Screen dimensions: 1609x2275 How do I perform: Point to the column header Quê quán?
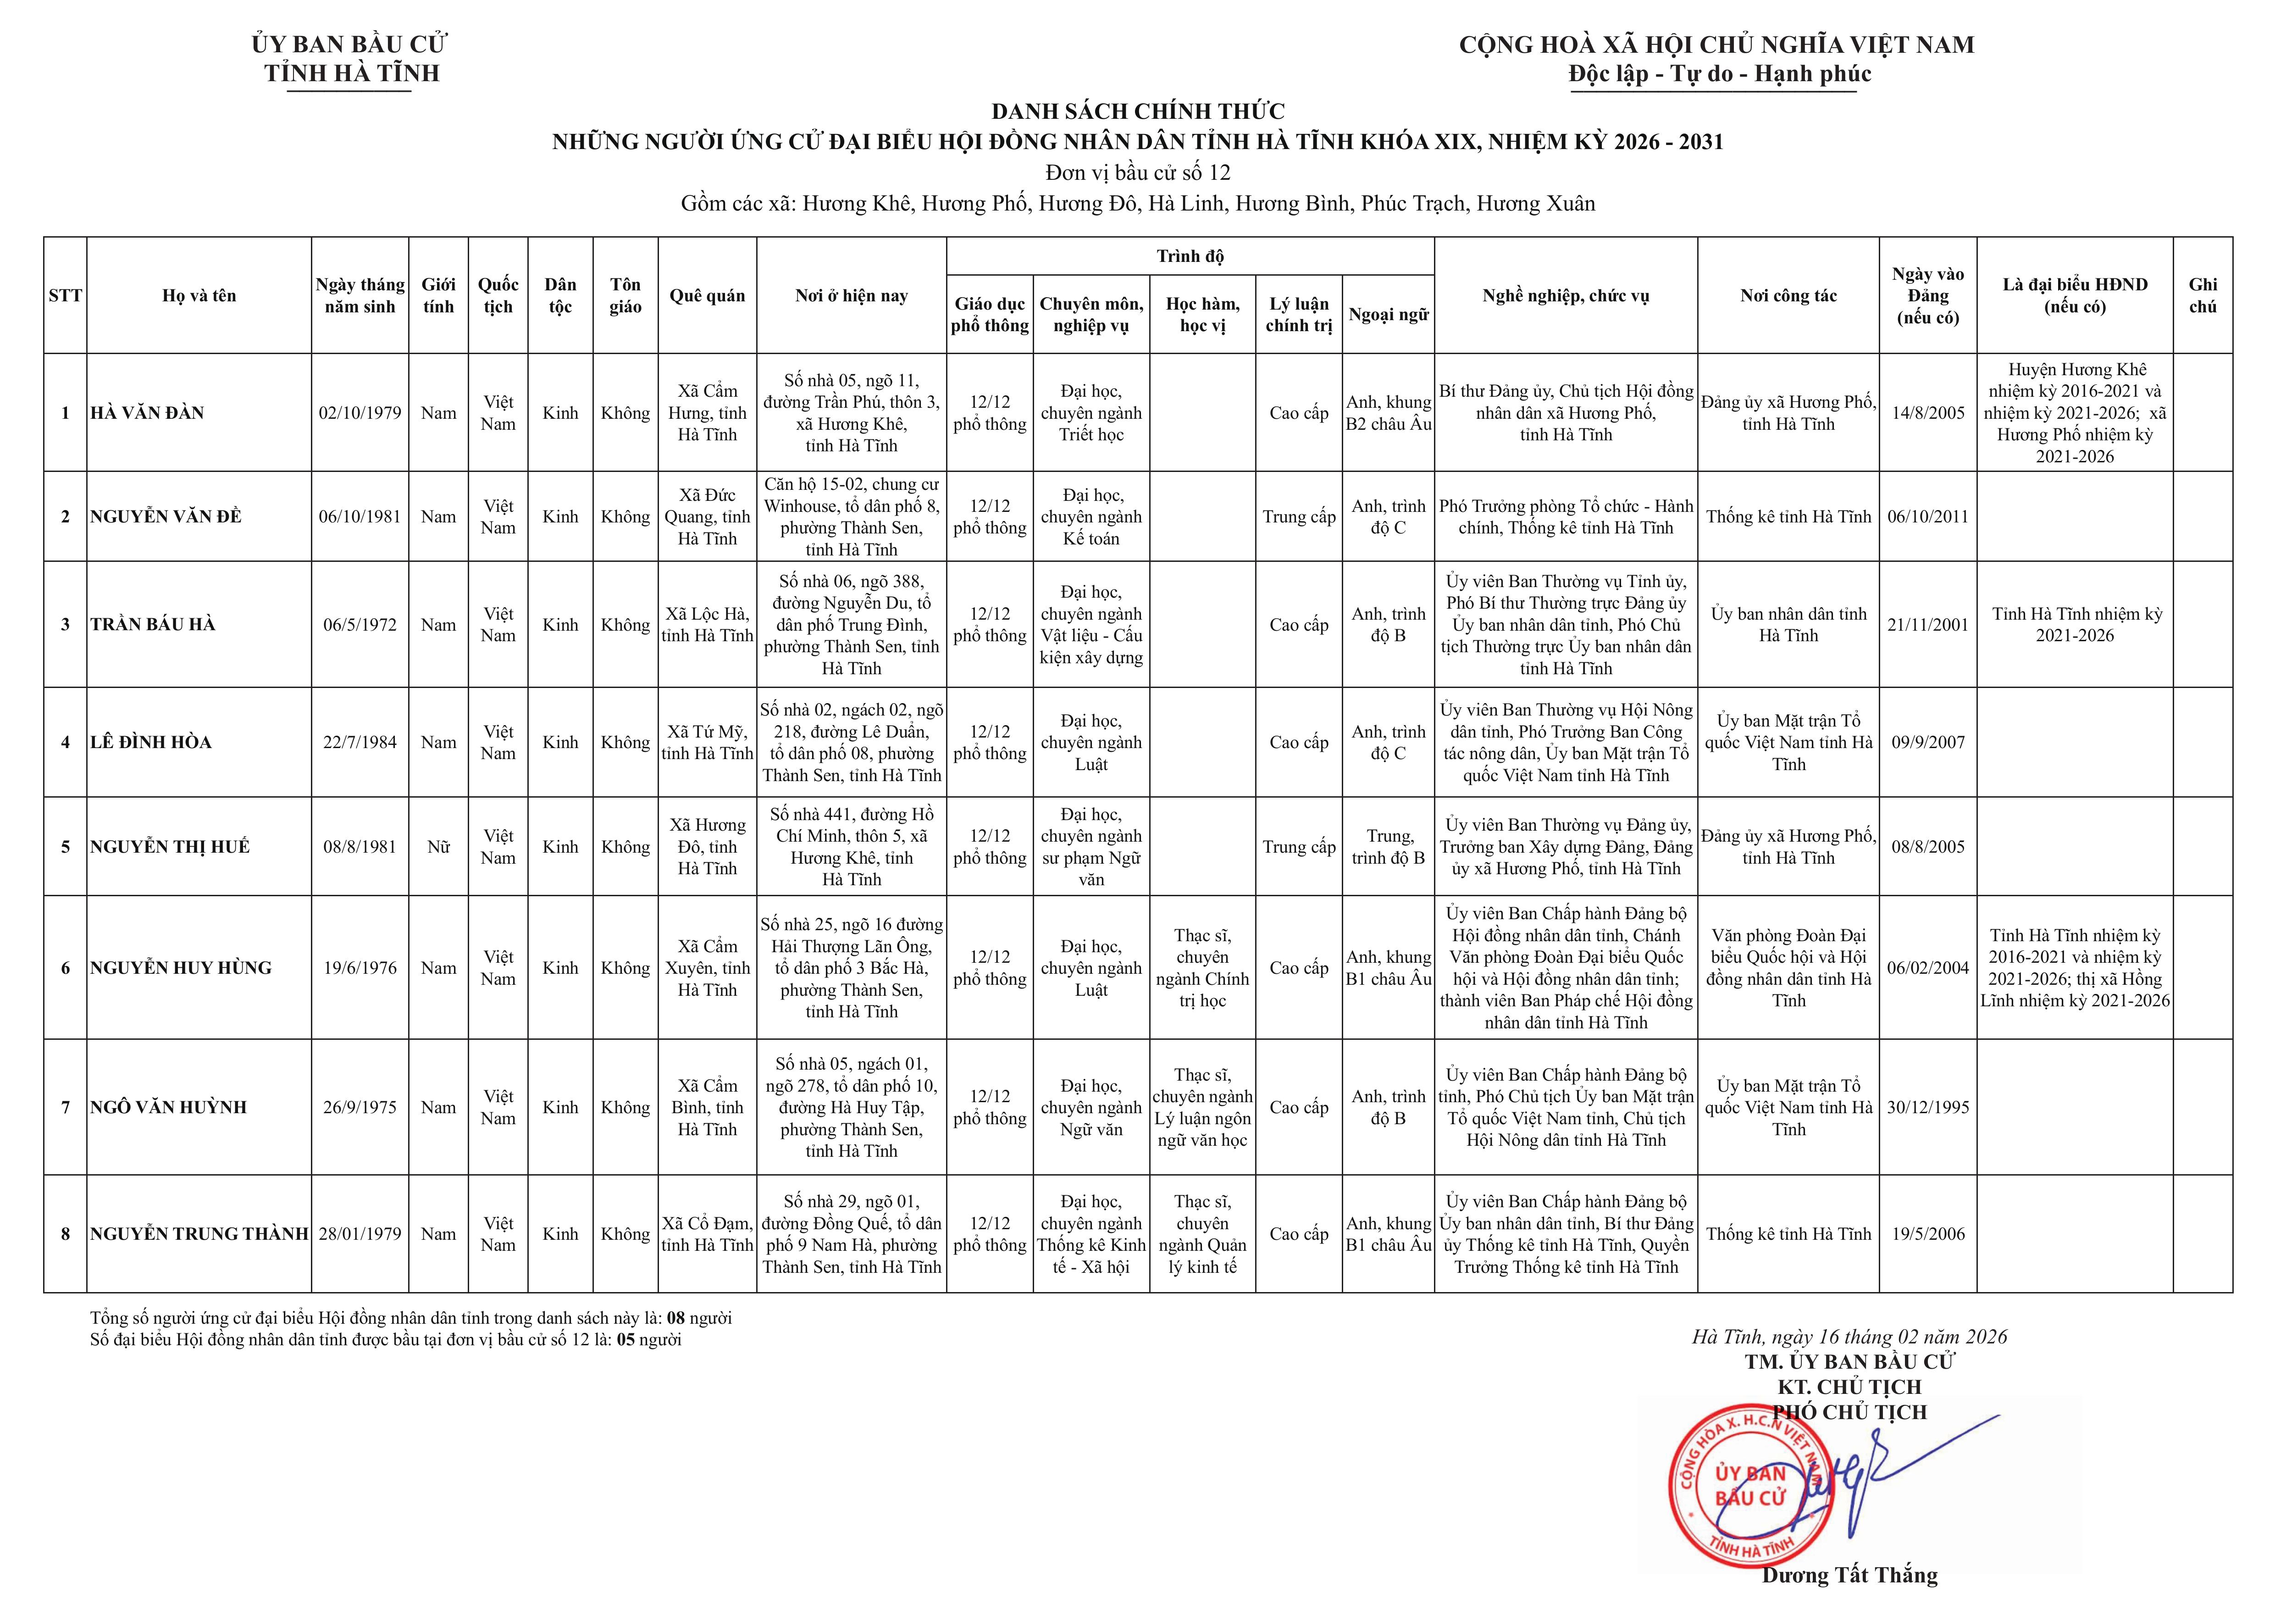coord(707,295)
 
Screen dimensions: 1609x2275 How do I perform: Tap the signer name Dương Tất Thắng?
coord(1849,1576)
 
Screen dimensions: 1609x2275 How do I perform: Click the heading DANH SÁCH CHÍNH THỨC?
coord(1137,111)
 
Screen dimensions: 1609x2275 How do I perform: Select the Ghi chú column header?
coord(2203,295)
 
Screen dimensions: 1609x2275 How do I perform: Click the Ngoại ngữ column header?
coord(1388,315)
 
